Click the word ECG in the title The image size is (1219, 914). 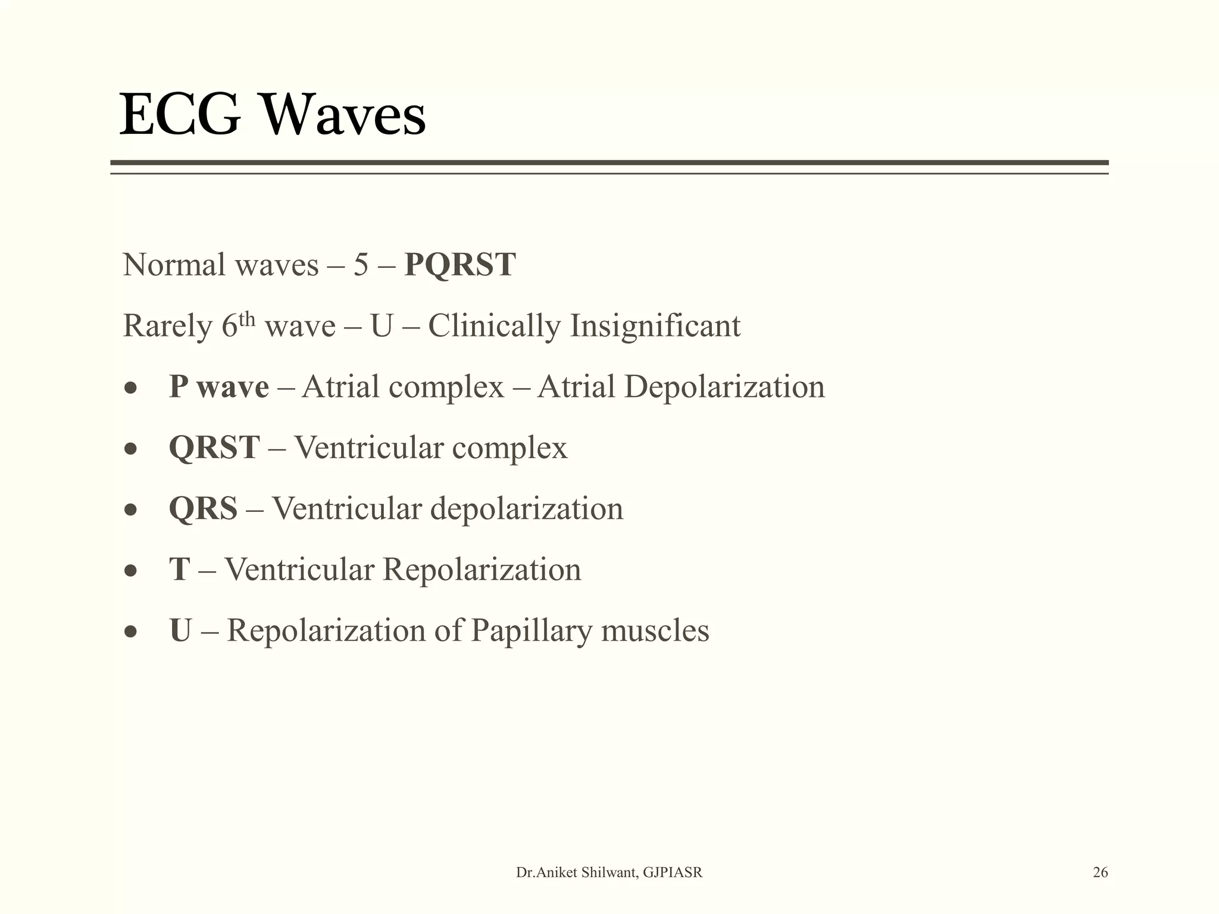[x=180, y=114]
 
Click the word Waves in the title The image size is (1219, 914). [x=344, y=114]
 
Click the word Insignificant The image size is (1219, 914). [x=655, y=326]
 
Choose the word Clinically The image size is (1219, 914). [x=494, y=326]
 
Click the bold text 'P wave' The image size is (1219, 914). [x=218, y=387]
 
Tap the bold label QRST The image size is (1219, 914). [x=214, y=447]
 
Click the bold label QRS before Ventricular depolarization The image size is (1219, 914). [x=203, y=509]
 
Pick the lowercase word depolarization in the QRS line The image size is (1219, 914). [x=526, y=509]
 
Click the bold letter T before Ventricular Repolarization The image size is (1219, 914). [x=179, y=569]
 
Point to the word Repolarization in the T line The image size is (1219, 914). [x=482, y=569]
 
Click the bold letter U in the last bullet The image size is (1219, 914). [x=180, y=631]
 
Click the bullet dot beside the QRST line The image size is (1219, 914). [x=131, y=449]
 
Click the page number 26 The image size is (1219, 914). [x=1100, y=872]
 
